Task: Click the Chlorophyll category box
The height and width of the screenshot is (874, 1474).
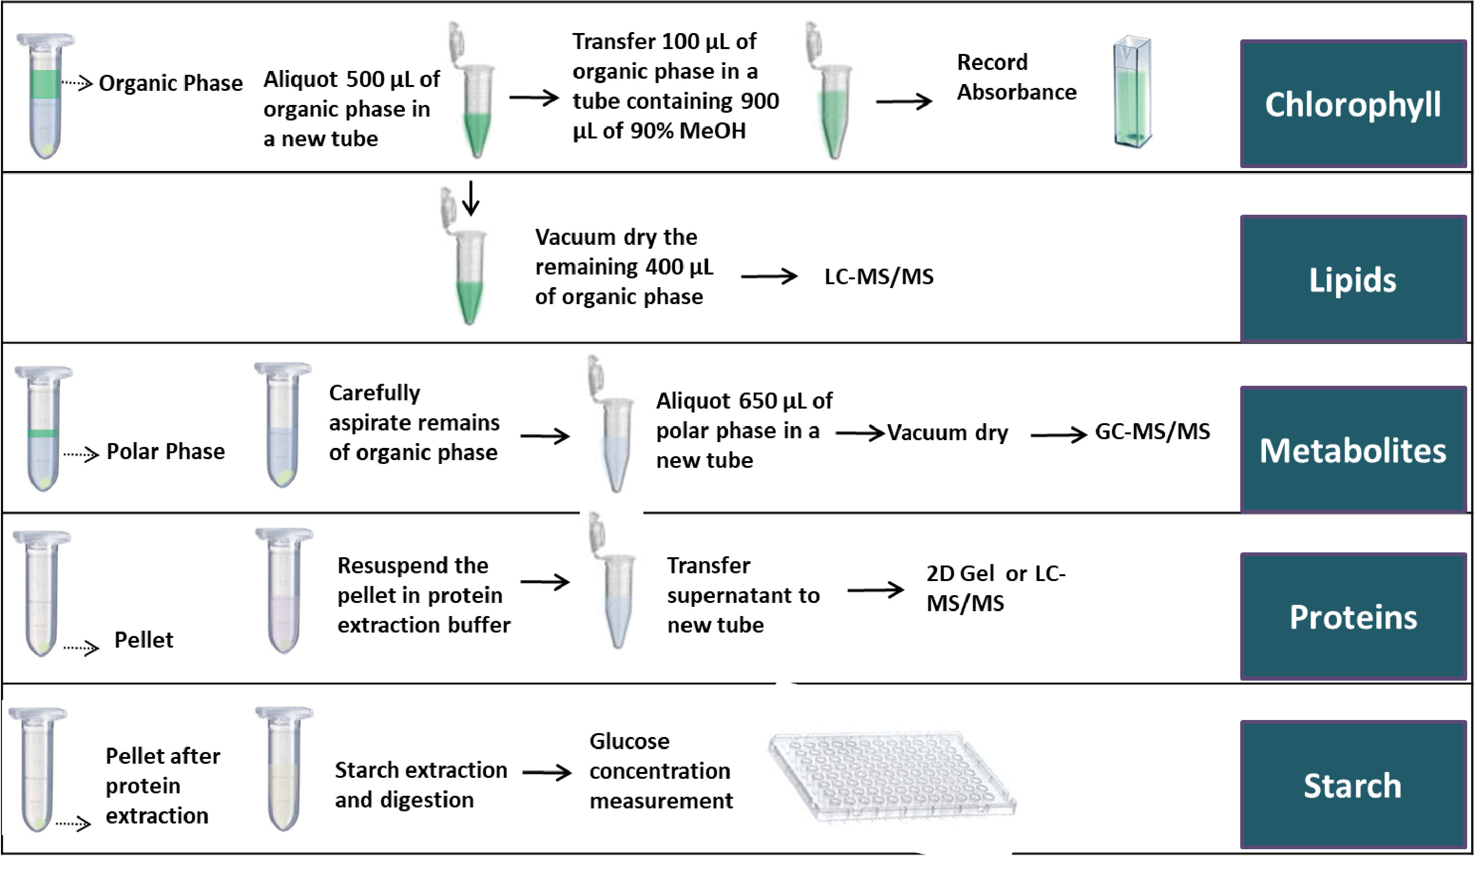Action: [1353, 103]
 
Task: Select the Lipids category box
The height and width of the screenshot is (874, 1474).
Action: [1353, 278]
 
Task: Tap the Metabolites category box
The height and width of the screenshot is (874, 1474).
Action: [1353, 449]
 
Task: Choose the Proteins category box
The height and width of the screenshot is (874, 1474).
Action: [1353, 616]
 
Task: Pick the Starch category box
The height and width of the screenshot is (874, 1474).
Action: [1353, 785]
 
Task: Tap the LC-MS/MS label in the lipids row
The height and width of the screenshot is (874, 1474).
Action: [878, 276]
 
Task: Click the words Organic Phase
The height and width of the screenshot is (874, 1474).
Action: [170, 83]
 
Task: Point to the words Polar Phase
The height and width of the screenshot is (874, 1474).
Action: [166, 451]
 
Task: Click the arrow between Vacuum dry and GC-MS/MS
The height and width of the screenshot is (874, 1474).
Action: [1058, 435]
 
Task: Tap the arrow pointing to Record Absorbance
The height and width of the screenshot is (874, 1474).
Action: [904, 102]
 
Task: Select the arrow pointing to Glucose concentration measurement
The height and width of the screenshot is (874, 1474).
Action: [547, 772]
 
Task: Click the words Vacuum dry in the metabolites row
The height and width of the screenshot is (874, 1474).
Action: [947, 432]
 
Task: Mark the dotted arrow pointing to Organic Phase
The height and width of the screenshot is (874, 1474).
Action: [77, 83]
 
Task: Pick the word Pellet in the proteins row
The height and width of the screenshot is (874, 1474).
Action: [144, 640]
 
